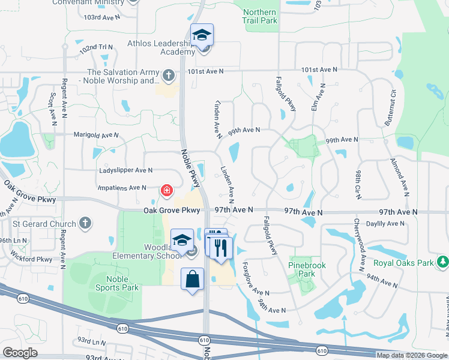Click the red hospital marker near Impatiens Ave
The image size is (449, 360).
click(167, 191)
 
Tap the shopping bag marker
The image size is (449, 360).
click(192, 280)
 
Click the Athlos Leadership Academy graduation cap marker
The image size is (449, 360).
click(202, 35)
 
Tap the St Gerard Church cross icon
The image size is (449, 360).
click(85, 224)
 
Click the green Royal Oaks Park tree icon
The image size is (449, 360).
click(442, 262)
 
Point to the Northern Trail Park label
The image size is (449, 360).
click(260, 16)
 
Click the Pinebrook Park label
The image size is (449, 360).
click(302, 269)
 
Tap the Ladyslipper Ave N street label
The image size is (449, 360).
click(122, 170)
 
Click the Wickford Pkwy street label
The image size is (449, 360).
click(32, 260)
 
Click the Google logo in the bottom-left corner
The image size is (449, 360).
click(20, 352)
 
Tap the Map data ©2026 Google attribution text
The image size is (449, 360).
click(412, 355)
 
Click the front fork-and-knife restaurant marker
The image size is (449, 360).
click(221, 248)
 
